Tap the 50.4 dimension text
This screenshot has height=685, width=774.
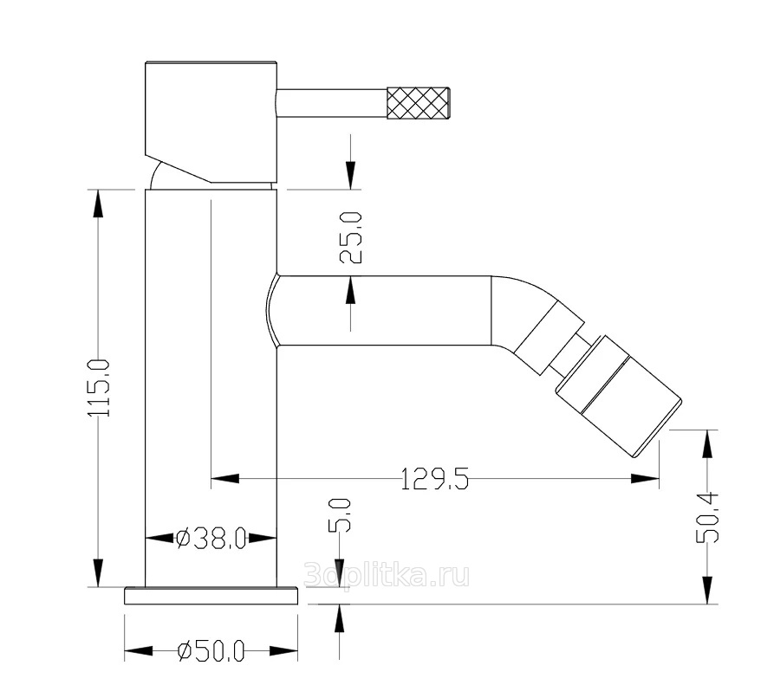[x=708, y=516]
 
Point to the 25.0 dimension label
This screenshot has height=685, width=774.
[x=351, y=238]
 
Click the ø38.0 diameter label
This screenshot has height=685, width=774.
[x=211, y=539]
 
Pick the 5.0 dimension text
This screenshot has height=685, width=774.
[x=340, y=514]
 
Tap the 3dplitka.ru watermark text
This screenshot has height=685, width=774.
[x=387, y=574]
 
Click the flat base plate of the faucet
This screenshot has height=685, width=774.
[x=211, y=596]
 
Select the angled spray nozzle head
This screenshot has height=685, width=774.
[x=617, y=404]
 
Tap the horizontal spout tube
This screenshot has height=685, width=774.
[x=381, y=311]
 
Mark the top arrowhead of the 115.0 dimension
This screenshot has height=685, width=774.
[x=98, y=204]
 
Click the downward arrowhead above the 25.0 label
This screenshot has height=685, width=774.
[x=350, y=174]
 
